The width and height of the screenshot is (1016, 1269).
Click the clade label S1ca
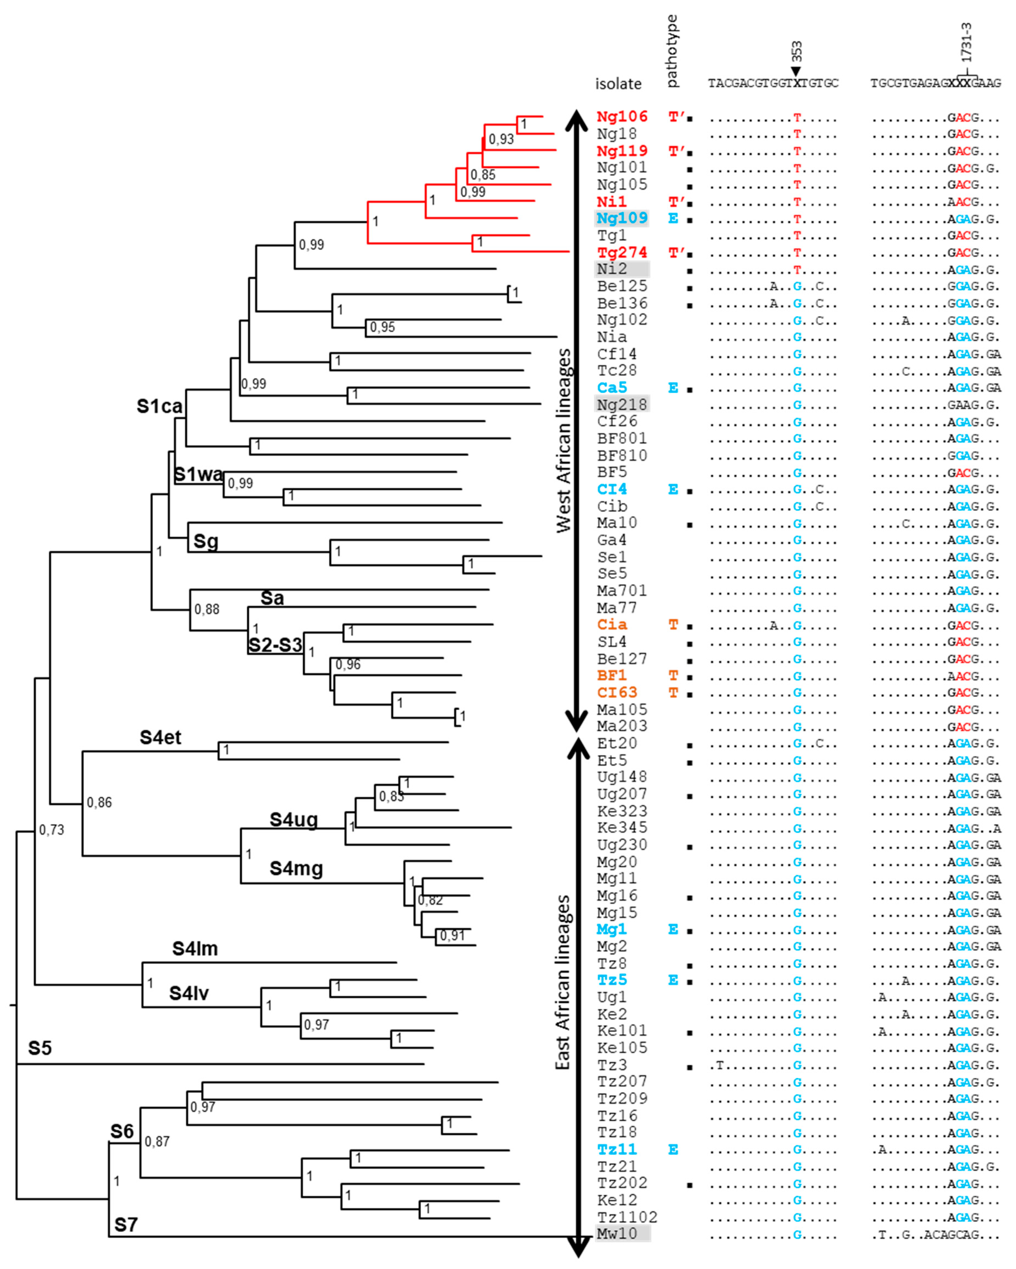point(159,406)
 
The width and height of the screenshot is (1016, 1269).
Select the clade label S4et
point(160,738)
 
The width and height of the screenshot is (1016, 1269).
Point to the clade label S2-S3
point(275,645)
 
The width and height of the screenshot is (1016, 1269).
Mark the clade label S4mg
point(296,868)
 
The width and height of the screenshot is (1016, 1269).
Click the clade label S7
point(125,1225)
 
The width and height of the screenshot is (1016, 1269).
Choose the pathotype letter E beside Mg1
point(673,929)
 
